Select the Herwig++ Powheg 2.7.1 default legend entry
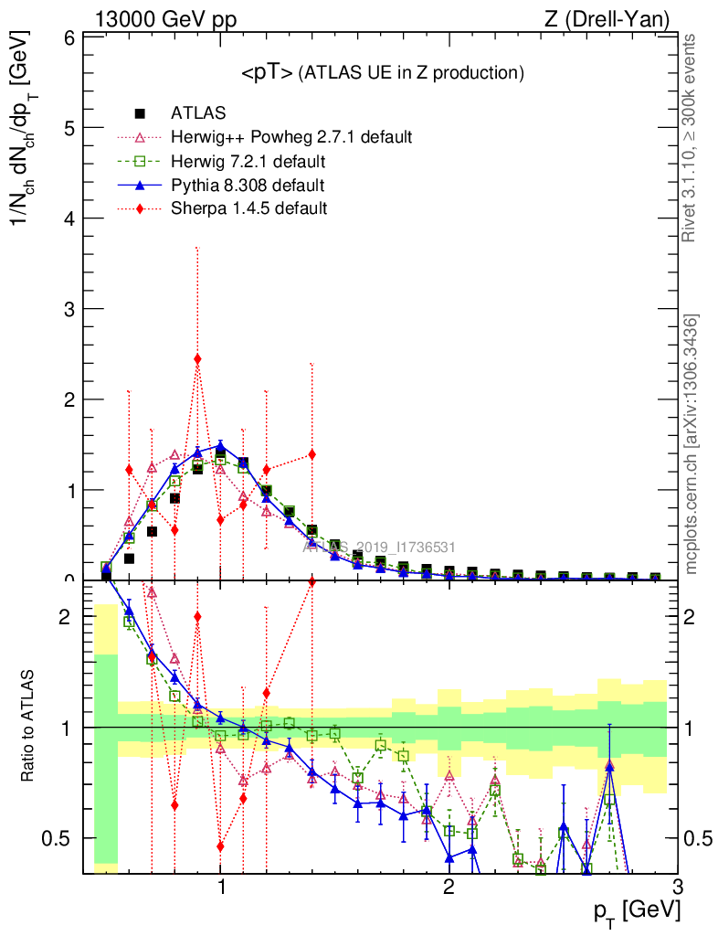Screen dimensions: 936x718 pyautogui.click(x=291, y=137)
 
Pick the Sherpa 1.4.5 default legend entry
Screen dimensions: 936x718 pyautogui.click(x=248, y=208)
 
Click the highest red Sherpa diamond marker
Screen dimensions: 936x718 pyautogui.click(x=197, y=358)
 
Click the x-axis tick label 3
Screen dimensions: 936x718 pyautogui.click(x=677, y=887)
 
